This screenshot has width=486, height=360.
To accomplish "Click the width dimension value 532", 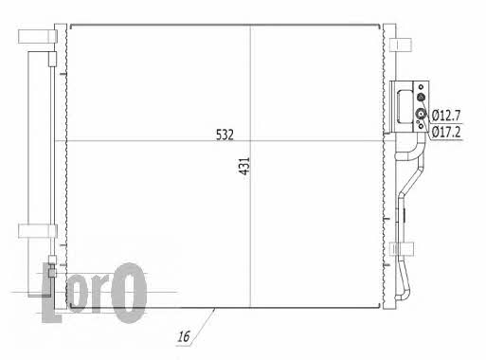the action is (225, 135).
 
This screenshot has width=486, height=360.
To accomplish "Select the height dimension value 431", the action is (244, 166).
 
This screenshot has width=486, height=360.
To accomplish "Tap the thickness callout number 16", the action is (184, 336).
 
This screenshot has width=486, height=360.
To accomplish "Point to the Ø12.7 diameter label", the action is (446, 116).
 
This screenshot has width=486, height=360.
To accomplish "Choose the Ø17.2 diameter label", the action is (446, 132).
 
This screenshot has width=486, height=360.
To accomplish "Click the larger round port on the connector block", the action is (421, 113).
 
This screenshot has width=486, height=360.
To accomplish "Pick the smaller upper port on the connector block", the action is (421, 98).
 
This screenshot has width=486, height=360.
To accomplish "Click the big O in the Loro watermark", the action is (129, 293).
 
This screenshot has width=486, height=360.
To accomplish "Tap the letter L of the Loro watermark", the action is (50, 293).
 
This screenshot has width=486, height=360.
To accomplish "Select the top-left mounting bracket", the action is (38, 36).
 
